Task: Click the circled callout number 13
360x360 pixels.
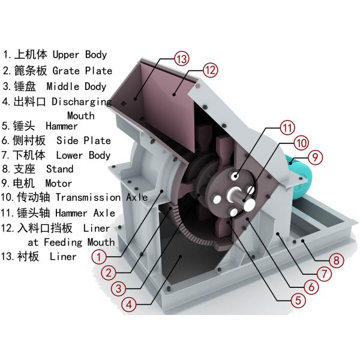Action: tap(182, 58)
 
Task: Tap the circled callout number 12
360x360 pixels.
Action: tap(209, 70)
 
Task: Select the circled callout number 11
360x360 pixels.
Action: tap(288, 127)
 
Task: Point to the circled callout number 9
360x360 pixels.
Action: tap(316, 157)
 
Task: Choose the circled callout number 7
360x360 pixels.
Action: tap(325, 274)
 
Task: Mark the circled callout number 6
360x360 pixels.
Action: tap(311, 287)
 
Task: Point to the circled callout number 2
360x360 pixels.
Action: tap(108, 272)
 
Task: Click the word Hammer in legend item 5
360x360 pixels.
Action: tap(61, 126)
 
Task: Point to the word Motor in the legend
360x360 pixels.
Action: tap(58, 183)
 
